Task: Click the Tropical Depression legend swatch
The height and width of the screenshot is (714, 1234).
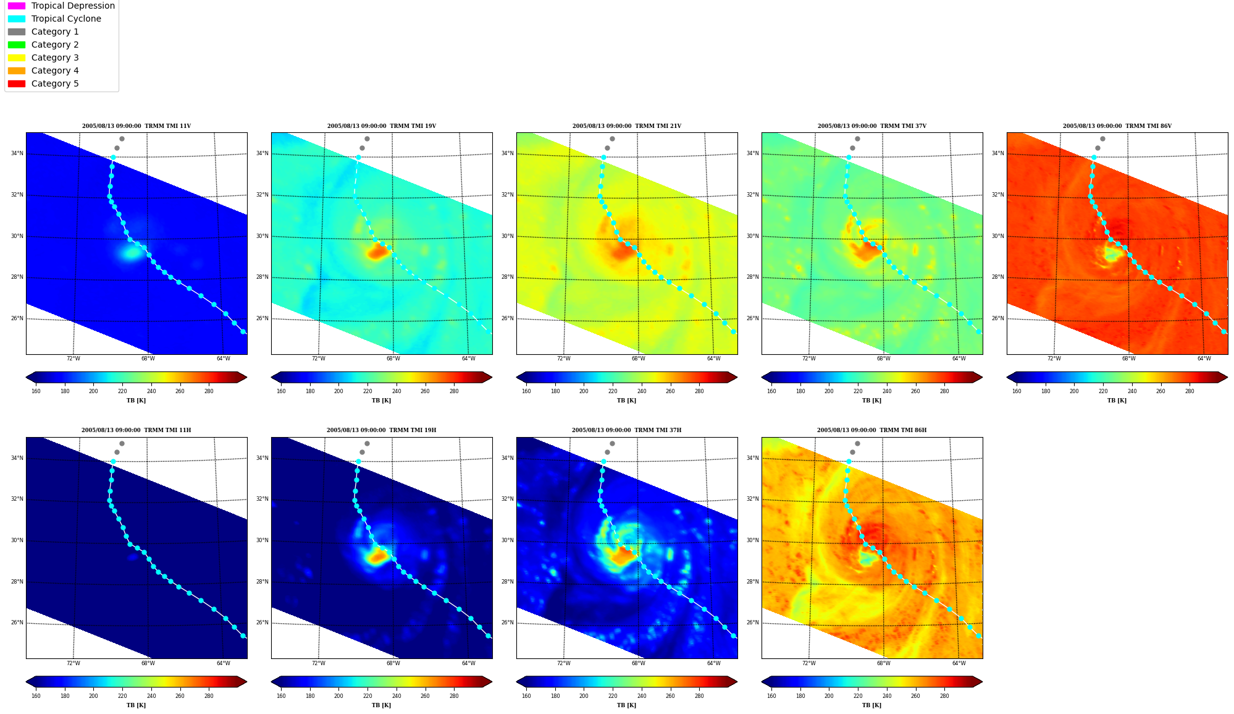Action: [x=17, y=6]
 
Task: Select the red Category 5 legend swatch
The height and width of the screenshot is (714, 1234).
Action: [x=17, y=83]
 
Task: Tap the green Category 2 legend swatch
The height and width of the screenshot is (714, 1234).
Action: [x=17, y=45]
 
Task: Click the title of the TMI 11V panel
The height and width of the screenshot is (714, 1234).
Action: [x=136, y=126]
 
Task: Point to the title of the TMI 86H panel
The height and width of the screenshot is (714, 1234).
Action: [x=871, y=430]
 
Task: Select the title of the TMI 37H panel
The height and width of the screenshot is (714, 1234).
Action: [x=626, y=430]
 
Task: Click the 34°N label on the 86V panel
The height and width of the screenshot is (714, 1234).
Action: [x=997, y=153]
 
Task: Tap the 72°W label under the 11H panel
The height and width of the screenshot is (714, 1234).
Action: [x=73, y=663]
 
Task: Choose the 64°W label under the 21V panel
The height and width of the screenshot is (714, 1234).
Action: [x=713, y=359]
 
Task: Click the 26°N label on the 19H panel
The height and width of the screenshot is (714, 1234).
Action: [x=262, y=623]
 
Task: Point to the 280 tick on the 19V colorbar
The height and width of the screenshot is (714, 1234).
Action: [x=454, y=391]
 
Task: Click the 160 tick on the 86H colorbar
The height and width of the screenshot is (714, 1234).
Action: [x=771, y=696]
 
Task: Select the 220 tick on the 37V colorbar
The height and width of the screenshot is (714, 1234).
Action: [x=858, y=391]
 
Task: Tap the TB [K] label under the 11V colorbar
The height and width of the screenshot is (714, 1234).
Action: [x=136, y=401]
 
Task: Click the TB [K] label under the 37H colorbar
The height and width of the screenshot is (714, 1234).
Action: [x=626, y=705]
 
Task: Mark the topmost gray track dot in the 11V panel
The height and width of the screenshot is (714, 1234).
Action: [x=122, y=138]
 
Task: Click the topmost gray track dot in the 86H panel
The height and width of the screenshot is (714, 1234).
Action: [x=857, y=443]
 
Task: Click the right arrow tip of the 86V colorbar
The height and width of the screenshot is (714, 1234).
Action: [x=1227, y=377]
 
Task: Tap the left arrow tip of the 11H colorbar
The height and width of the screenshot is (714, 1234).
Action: [x=27, y=682]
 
